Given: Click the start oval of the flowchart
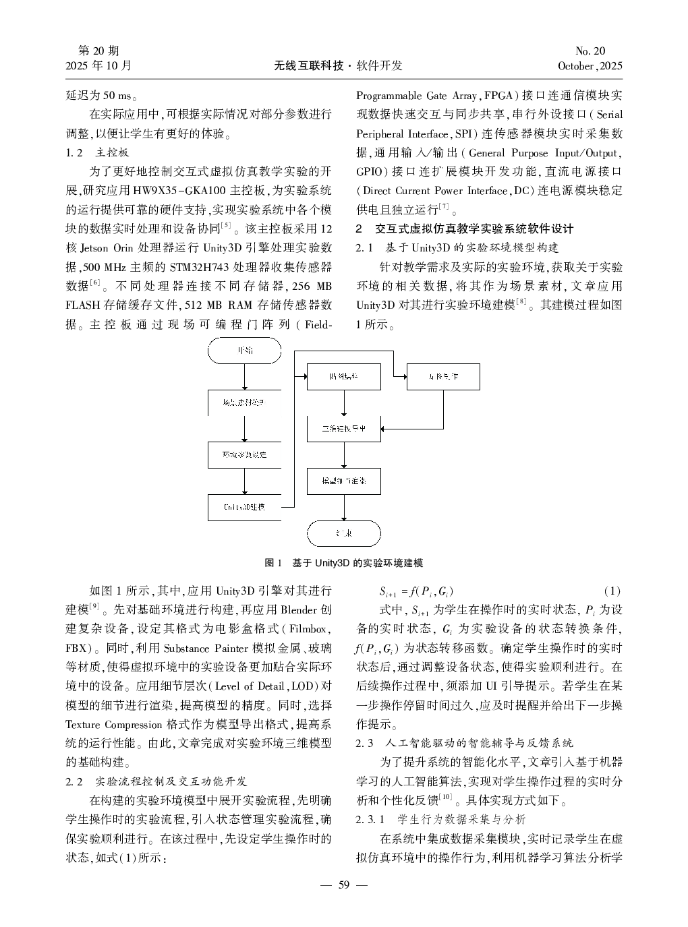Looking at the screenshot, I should pos(244,351).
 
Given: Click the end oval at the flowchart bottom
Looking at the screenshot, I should pos(344,533).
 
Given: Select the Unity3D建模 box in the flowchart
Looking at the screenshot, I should pos(244,507).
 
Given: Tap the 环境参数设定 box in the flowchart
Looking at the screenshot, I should pos(244,454).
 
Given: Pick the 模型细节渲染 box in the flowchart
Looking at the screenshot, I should pos(344,481).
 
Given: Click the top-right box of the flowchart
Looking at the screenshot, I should pos(443,376).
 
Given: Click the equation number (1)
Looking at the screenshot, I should pos(611,592).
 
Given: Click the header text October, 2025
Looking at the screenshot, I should pos(590,66).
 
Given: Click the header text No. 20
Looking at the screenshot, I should pos(590,51).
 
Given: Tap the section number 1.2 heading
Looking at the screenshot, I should pos(74,153).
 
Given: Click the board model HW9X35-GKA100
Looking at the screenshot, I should pos(178,191).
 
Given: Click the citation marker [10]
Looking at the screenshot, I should pos(445,798).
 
